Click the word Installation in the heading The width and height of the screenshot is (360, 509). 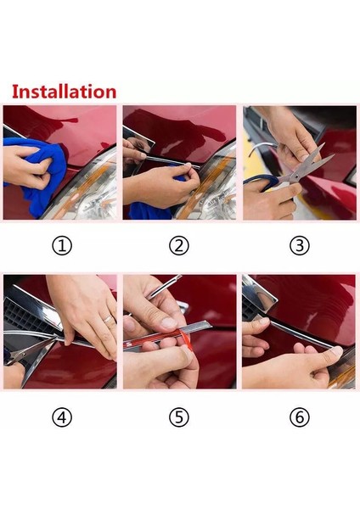pyautogui.click(x=64, y=91)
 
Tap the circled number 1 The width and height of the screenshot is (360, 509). pyautogui.click(x=62, y=246)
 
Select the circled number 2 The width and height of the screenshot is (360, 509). pyautogui.click(x=179, y=246)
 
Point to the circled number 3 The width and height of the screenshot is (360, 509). pyautogui.click(x=299, y=246)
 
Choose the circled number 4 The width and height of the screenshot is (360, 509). pyautogui.click(x=62, y=417)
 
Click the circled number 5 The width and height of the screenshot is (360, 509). pyautogui.click(x=179, y=417)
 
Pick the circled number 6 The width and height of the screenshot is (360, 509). pyautogui.click(x=299, y=417)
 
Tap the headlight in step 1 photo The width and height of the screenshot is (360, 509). pyautogui.click(x=93, y=182)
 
